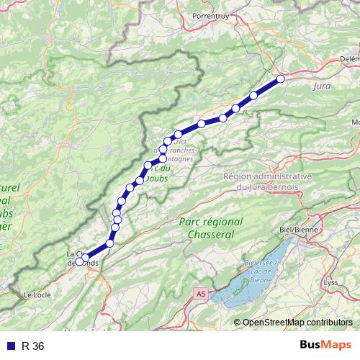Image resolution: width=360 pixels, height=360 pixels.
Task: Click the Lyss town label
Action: coord(330,283)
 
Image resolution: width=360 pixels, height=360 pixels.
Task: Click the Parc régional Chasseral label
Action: coord(211,228)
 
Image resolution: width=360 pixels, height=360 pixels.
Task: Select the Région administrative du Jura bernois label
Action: coord(267,181)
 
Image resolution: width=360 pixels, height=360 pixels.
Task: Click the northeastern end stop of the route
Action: coord(281,79)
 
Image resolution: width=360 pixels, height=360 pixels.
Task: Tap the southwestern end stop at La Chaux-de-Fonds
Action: coord(85,258)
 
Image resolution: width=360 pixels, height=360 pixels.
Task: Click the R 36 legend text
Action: coord(33,346)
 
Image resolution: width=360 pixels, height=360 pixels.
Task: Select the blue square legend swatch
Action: coord(9,346)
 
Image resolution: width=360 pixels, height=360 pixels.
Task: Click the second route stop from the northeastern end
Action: coord(254,96)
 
